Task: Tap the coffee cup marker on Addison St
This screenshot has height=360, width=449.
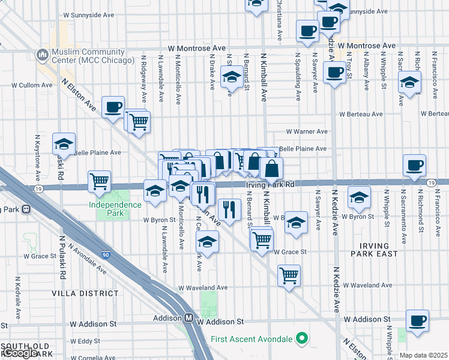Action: point(417,320)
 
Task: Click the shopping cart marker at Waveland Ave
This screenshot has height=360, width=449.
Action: point(289,276)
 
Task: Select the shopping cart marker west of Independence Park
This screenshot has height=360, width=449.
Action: point(99,181)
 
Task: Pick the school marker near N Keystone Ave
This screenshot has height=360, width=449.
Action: point(64,144)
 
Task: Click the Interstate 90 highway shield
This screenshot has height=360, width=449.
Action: point(106,256)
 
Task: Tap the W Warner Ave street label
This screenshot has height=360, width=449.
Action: point(306,131)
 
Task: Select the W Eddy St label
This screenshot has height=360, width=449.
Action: point(85,341)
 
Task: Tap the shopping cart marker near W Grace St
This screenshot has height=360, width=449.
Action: point(261,239)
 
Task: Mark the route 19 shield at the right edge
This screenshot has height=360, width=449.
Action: point(431,182)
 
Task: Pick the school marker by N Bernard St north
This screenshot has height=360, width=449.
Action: point(231,77)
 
